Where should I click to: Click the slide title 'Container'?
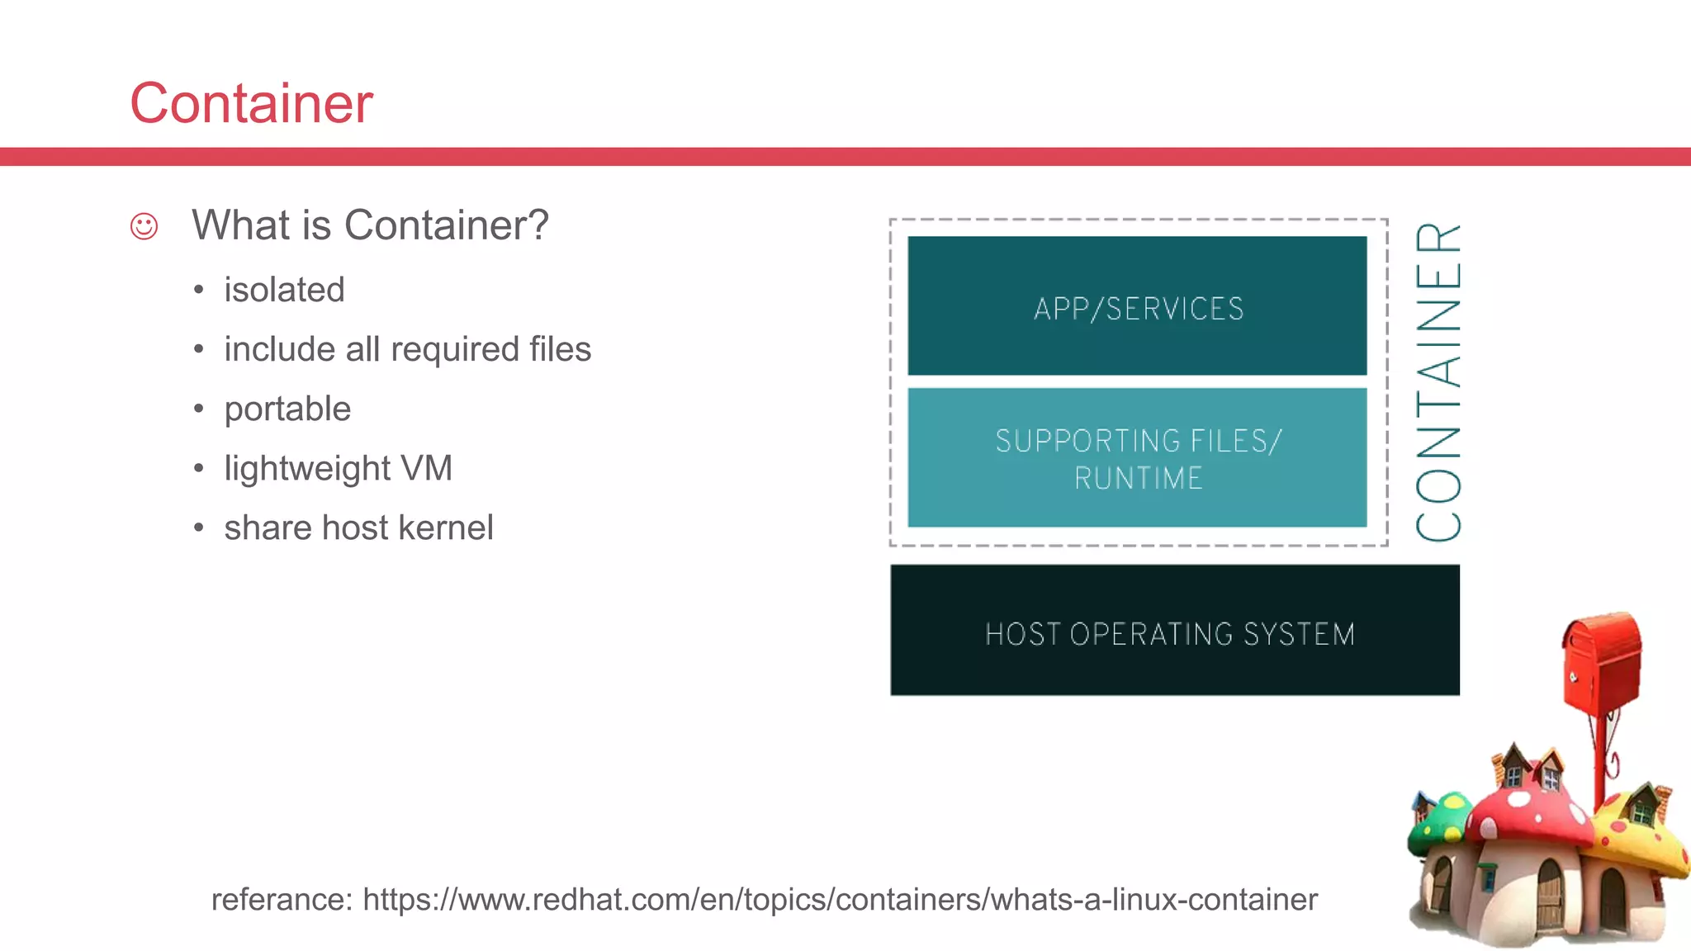coord(251,104)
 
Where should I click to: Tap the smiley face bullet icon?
coord(144,226)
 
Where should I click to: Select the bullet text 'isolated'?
coord(284,291)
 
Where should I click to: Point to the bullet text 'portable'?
coord(287,409)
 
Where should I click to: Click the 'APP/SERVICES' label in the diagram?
coord(1138,309)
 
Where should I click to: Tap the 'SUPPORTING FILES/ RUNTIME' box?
coord(1138,458)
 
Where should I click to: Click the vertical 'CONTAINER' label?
coord(1438,381)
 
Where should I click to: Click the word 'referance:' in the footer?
coord(281,900)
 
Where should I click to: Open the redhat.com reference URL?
coord(839,900)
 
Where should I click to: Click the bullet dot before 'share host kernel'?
coord(198,528)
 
